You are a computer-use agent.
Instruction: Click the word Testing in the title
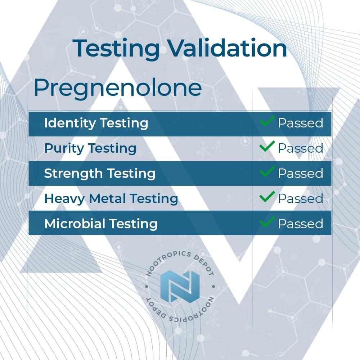(116, 49)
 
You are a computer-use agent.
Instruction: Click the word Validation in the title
(228, 48)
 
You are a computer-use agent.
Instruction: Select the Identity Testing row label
(96, 123)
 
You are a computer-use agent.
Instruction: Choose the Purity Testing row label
(90, 149)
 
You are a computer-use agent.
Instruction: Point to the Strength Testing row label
(100, 174)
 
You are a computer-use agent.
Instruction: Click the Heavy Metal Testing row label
(111, 199)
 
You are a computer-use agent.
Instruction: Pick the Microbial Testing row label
(101, 224)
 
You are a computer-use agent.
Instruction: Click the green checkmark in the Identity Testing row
(267, 121)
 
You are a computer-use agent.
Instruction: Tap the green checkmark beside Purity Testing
(267, 146)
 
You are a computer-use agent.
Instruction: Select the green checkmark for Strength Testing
(267, 171)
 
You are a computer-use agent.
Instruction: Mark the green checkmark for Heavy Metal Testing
(267, 197)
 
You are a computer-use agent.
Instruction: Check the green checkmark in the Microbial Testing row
(267, 221)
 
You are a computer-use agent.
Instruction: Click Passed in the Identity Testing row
(301, 123)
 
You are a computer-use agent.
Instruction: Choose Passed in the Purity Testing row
(301, 148)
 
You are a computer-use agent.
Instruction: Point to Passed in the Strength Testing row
(301, 174)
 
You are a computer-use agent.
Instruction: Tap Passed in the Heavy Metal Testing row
(301, 199)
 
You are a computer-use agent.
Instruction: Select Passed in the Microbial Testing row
(301, 224)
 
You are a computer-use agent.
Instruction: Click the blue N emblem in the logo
(180, 286)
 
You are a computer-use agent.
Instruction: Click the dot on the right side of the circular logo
(213, 287)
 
